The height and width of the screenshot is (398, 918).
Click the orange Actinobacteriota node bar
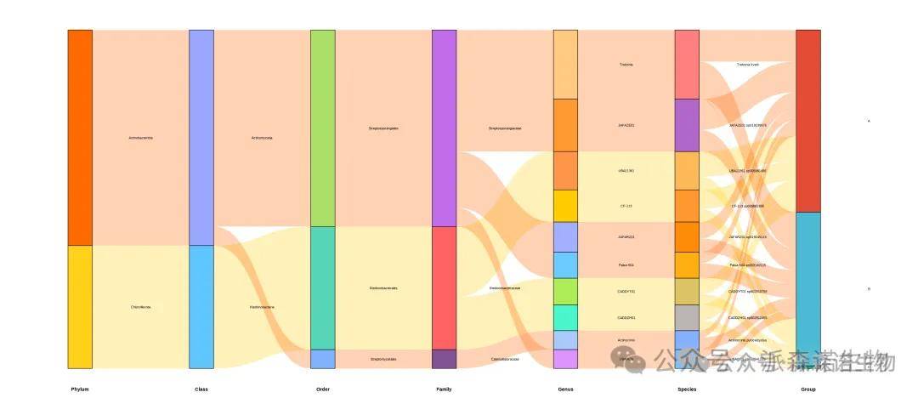(x=80, y=138)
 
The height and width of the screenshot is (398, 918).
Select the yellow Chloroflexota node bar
(x=80, y=307)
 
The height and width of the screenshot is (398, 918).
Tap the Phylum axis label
(x=80, y=389)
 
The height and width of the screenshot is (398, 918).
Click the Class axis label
(x=201, y=389)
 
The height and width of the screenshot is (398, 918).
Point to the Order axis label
(x=323, y=389)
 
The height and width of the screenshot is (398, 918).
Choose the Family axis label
(x=444, y=389)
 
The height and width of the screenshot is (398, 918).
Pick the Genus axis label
(x=565, y=389)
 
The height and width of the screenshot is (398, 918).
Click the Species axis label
(x=687, y=389)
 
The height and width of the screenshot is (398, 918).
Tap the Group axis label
(x=808, y=389)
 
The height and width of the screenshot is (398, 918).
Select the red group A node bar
(x=808, y=121)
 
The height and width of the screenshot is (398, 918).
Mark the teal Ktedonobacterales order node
(x=323, y=287)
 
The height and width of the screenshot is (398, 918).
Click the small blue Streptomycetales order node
(x=323, y=359)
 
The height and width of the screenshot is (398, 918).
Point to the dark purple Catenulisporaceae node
(x=444, y=359)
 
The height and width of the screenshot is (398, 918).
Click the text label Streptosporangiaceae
(x=505, y=128)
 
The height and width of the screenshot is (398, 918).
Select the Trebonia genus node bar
(x=565, y=65)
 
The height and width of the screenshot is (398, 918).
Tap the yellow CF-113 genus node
(x=565, y=206)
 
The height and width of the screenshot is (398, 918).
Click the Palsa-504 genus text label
(x=626, y=265)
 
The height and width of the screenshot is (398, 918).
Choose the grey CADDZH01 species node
(x=687, y=317)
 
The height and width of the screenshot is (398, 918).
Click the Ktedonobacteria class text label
(x=262, y=307)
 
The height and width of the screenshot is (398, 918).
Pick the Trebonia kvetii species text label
(x=748, y=65)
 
